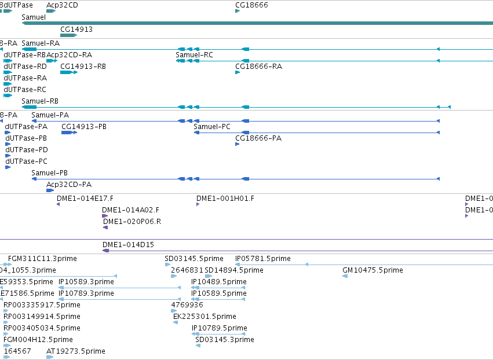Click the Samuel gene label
coord(34,17)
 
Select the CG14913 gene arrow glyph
coord(68,35)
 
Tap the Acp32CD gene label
coord(62,5)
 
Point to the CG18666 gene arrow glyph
coord(238,11)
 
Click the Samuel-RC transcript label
coord(194,55)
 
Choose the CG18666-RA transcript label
coord(258,67)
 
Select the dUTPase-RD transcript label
coord(25,67)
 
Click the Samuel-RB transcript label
coord(40,101)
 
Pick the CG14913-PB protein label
coord(84,127)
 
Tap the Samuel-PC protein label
coord(212,127)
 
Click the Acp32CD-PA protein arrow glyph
coord(50,190)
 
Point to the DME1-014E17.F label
coord(85,199)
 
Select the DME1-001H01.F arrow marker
coord(198,204)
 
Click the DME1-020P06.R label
coord(132,222)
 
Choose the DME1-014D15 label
coord(128,245)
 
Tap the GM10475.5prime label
coord(373,270)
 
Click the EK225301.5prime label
coord(204,317)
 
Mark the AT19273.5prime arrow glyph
coord(50,357)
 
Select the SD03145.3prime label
coord(225,340)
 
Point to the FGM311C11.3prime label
coord(42,259)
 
